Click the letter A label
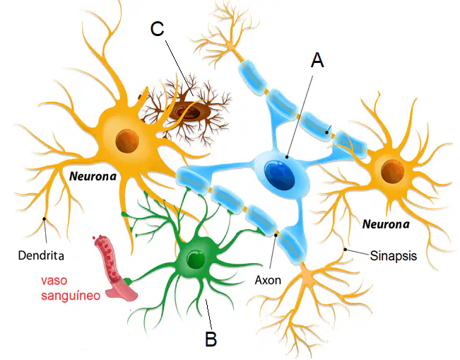317,60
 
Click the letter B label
211,339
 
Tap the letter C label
158,29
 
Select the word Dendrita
41,255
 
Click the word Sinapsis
393,255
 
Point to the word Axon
268,280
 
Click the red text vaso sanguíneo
71,288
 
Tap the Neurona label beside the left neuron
93,176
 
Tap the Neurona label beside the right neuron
386,224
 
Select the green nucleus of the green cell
196,259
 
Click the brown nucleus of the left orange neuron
127,141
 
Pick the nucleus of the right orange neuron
393,170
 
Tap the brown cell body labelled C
190,112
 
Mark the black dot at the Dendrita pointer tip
45,219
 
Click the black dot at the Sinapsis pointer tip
346,250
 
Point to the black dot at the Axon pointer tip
276,234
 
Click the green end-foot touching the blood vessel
127,281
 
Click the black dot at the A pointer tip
288,157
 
